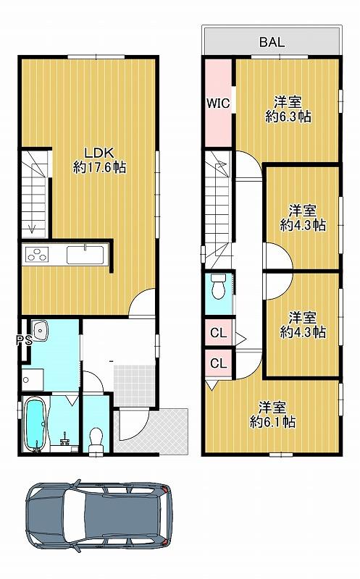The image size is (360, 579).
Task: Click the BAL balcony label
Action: coord(272,42)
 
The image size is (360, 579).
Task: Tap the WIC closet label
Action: coord(218,103)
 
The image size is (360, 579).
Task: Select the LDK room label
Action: coord(99,152)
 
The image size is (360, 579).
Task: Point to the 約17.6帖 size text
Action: coord(99,168)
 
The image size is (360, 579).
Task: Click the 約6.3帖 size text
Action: coord(288,117)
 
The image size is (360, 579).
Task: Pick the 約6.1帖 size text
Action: coord(272,422)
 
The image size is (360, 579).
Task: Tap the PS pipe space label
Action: coord(25,340)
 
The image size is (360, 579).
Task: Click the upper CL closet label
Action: coord(219,333)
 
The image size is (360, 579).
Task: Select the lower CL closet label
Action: coord(219,363)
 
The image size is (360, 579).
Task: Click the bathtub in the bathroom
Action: coord(35,425)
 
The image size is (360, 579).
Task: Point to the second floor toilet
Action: coord(218,287)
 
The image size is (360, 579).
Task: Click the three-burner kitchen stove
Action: coord(37,255)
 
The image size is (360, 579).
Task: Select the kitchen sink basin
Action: coord(85,255)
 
